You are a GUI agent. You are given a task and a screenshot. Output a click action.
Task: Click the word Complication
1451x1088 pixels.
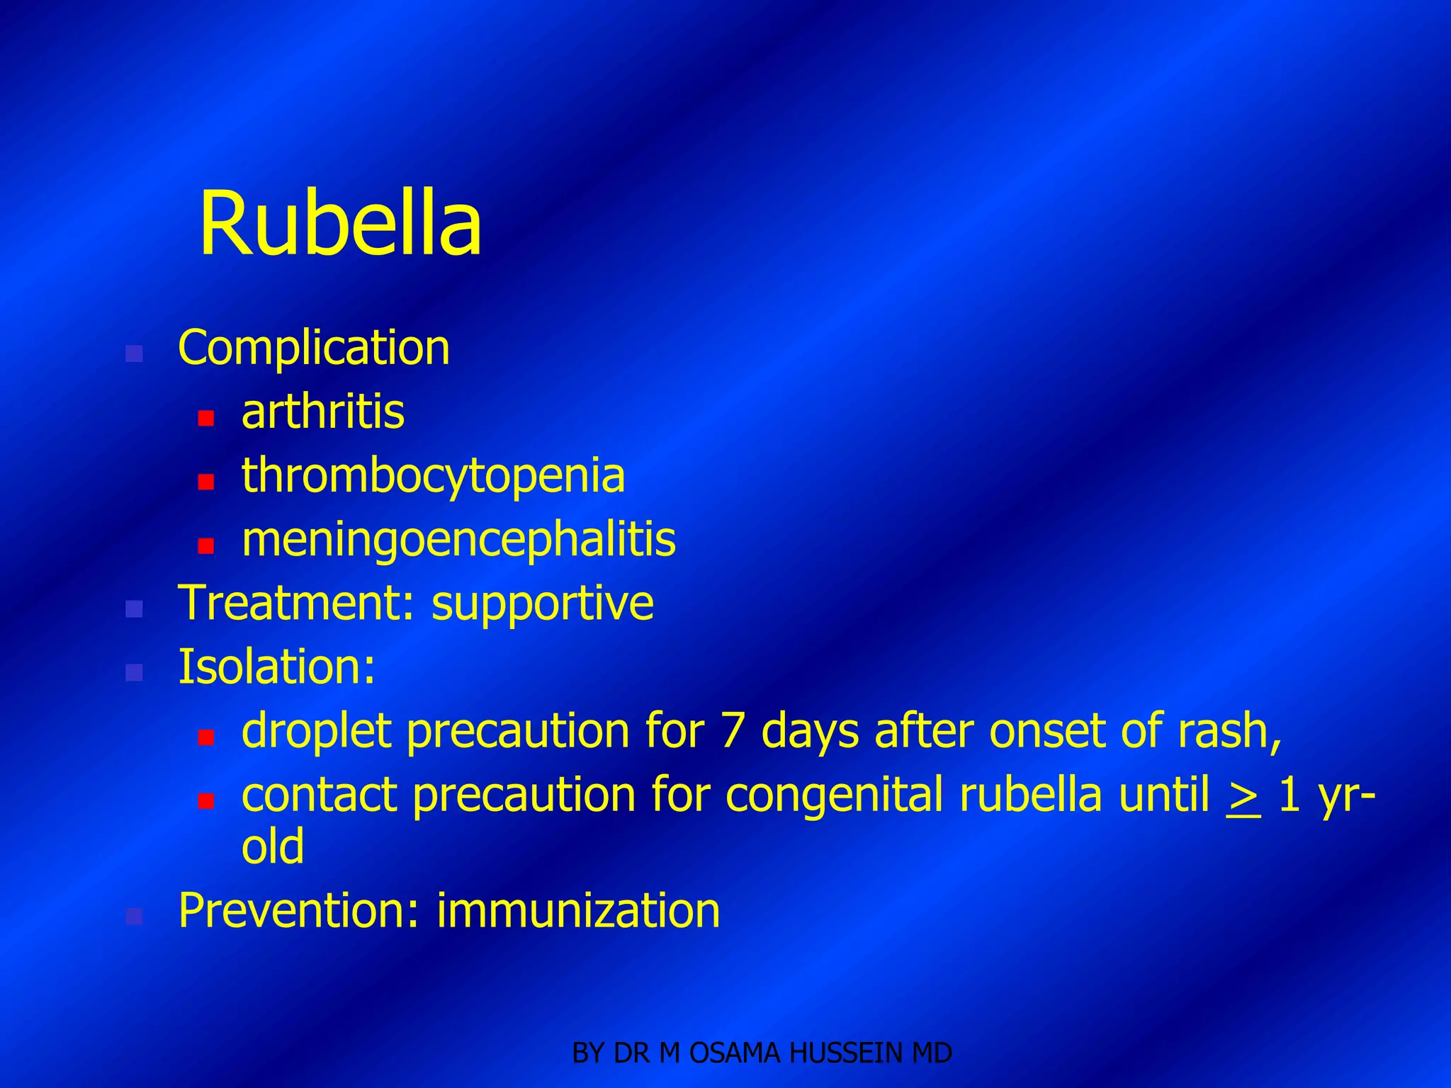pos(314,348)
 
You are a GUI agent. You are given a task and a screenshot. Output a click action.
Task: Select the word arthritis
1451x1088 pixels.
pos(323,412)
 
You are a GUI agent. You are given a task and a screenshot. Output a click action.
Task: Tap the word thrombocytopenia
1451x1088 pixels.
pos(433,476)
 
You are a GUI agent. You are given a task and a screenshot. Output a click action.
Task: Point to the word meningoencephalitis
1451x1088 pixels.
pos(458,540)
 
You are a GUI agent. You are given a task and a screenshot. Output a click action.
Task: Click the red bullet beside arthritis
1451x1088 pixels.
pos(206,418)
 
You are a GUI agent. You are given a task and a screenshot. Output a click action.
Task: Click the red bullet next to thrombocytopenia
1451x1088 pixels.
pos(206,482)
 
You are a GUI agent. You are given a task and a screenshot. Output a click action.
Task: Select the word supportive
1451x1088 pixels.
pos(543,604)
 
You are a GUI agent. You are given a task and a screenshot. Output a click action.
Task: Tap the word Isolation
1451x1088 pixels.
pos(276,667)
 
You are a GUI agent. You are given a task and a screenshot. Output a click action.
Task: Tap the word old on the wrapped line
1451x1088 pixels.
pos(273,846)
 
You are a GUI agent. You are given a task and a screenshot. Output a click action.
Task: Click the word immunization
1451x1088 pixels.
pos(578,911)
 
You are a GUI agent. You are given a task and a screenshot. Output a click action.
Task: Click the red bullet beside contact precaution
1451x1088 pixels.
pos(206,801)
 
